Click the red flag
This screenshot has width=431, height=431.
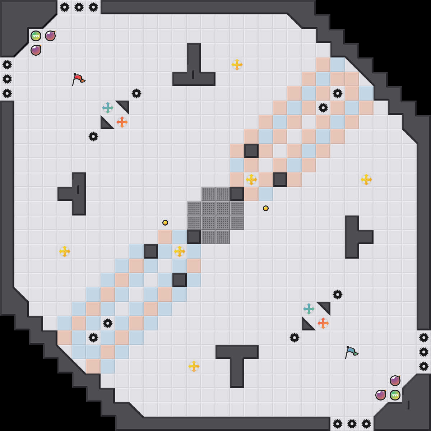pos(78,79)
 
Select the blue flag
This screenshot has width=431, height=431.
pos(351,352)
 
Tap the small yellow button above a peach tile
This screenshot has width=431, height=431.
pos(165,223)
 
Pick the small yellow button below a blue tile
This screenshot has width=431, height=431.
pos(266,208)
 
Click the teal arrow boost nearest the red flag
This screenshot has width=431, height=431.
pos(108,108)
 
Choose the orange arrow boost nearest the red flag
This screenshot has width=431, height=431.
pos(122,122)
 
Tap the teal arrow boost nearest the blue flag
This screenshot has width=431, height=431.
pos(309,309)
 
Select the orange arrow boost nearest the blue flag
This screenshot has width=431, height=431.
pos(323,323)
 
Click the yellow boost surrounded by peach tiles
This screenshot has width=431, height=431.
pos(251,180)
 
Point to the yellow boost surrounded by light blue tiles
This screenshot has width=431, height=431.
pos(180,251)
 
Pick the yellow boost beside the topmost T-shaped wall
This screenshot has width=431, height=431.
pos(237,65)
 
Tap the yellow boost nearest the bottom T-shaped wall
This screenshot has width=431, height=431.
pos(194,366)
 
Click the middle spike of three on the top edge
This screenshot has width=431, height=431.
pos(79,7)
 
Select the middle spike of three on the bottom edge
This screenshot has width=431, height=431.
pos(352,424)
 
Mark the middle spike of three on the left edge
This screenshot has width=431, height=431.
pos(7,79)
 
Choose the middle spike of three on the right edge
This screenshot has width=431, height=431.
pos(424,352)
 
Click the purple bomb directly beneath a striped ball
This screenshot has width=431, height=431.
pos(36,50)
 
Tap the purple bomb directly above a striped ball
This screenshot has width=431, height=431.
pos(395,381)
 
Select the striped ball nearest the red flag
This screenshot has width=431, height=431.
pos(36,36)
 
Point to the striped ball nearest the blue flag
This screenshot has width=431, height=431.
pos(395,395)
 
